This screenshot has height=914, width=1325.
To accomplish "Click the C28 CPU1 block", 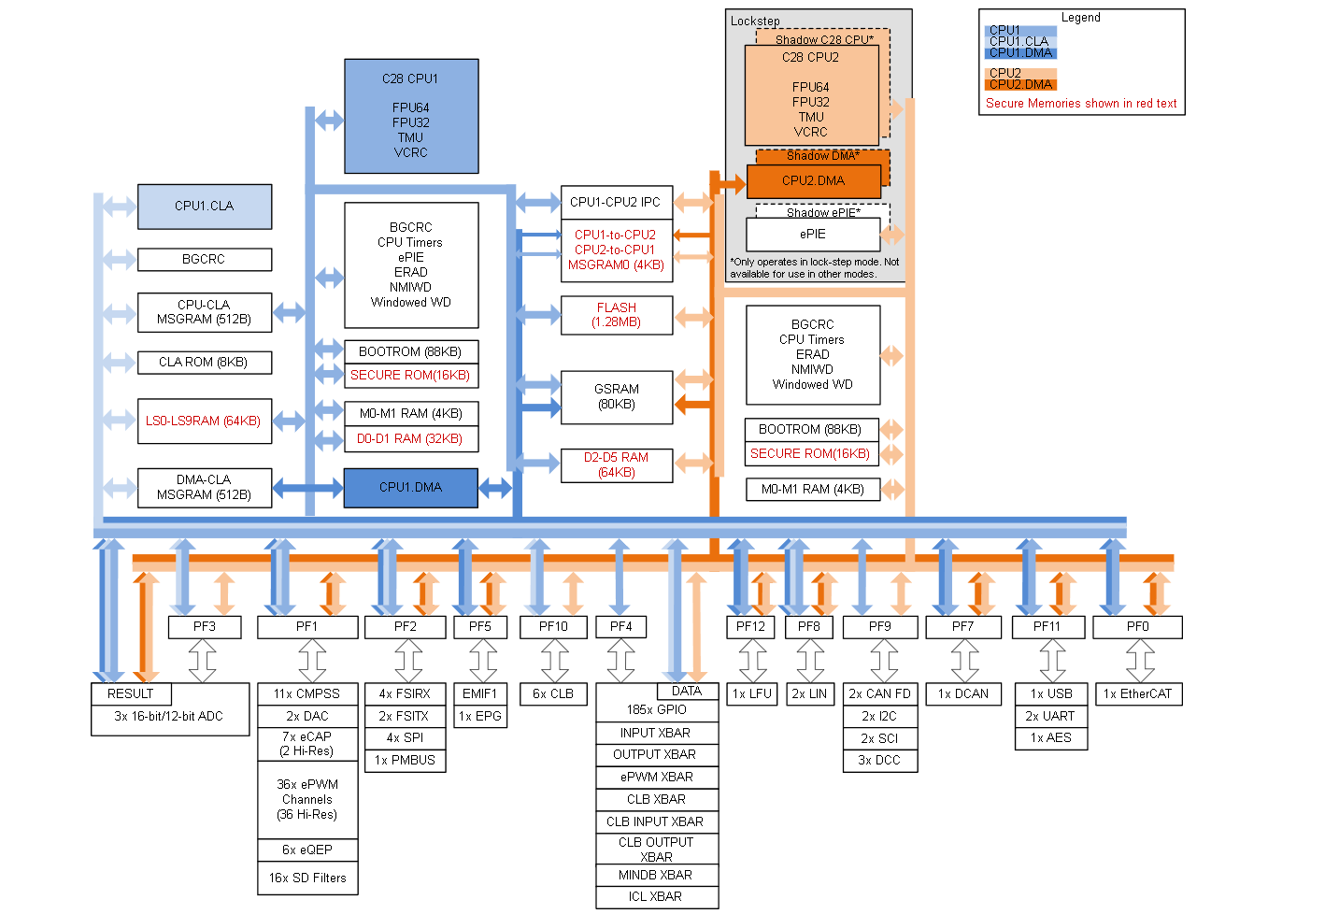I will pyautogui.click(x=411, y=116).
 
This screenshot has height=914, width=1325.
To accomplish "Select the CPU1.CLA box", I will pyautogui.click(x=205, y=207).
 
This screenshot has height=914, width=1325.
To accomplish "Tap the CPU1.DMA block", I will pyautogui.click(x=410, y=487).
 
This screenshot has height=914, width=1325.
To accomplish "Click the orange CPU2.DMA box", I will pyautogui.click(x=813, y=181).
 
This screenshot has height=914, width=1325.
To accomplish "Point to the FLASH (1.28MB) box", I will pyautogui.click(x=617, y=315).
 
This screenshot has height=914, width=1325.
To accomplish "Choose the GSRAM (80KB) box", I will pyautogui.click(x=617, y=397).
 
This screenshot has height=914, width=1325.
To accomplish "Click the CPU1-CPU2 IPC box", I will pyautogui.click(x=616, y=202).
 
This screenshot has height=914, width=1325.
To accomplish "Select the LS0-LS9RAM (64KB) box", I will pyautogui.click(x=204, y=421).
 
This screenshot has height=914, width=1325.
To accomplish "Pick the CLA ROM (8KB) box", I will pyautogui.click(x=204, y=363).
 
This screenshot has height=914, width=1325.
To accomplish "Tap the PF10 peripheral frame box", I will pyautogui.click(x=553, y=627).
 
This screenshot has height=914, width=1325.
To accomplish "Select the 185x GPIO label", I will pyautogui.click(x=656, y=710).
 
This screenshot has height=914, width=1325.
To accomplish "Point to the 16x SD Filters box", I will pyautogui.click(x=307, y=878).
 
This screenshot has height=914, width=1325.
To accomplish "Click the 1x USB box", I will pyautogui.click(x=1051, y=694).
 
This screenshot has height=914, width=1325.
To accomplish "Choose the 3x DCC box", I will pyautogui.click(x=879, y=761).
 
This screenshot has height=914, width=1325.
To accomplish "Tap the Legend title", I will pyautogui.click(x=1080, y=18).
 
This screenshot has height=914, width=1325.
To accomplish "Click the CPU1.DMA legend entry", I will pyautogui.click(x=1020, y=53).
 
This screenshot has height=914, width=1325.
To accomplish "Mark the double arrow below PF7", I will pyautogui.click(x=964, y=661).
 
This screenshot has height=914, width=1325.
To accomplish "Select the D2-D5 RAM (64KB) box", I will pyautogui.click(x=617, y=464).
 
